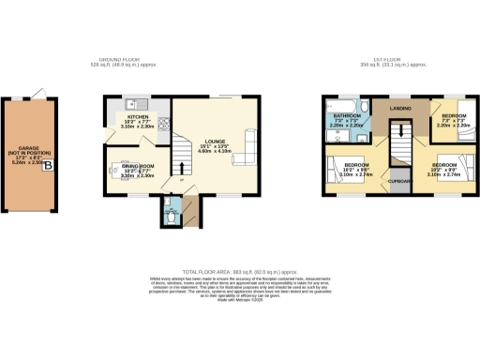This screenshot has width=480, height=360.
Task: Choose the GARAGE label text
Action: click(32, 151)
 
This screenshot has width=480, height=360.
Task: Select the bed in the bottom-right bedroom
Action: click(461, 169)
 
